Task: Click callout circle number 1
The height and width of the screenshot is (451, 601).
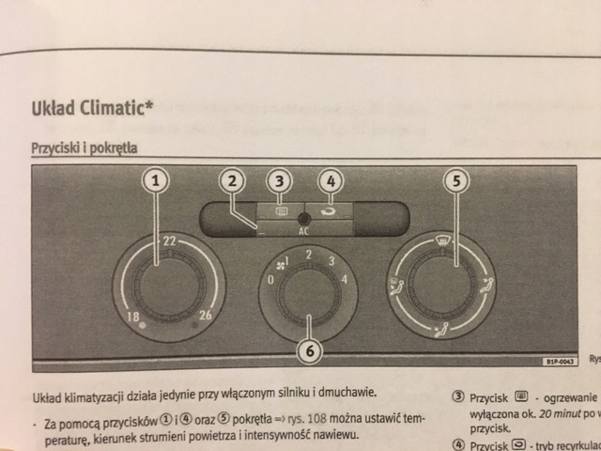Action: click(x=159, y=180)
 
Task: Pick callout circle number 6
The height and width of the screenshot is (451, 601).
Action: click(x=309, y=350)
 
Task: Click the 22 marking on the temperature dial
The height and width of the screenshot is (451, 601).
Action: click(x=170, y=242)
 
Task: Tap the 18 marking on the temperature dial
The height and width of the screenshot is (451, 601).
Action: click(x=134, y=316)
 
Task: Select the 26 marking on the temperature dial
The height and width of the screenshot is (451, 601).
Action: click(x=206, y=316)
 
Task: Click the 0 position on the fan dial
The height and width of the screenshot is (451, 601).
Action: click(x=271, y=280)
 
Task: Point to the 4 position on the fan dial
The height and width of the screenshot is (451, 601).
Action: click(x=345, y=279)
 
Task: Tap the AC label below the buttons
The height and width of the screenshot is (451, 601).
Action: click(x=303, y=230)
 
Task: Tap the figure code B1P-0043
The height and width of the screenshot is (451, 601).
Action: click(x=558, y=361)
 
